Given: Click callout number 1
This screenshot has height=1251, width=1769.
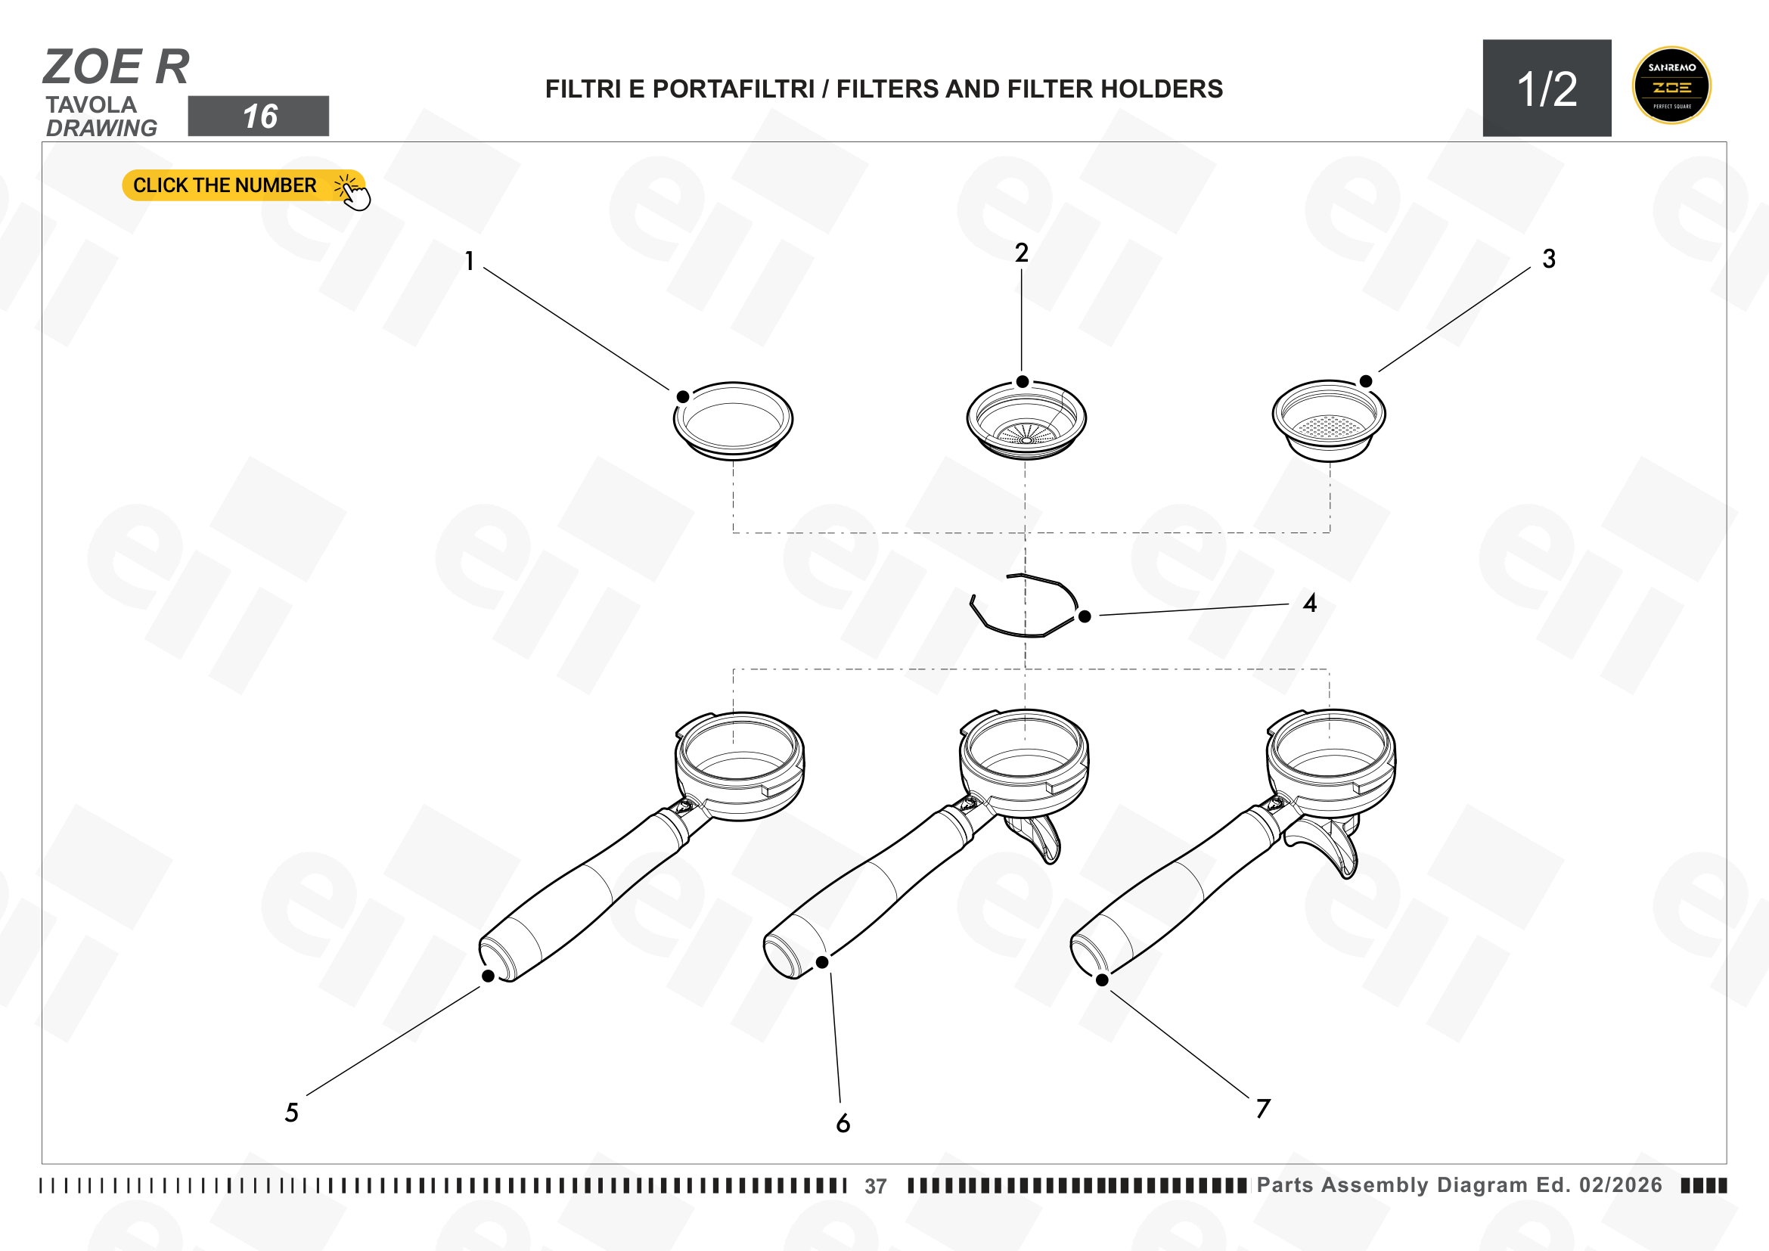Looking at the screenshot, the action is point(469,261).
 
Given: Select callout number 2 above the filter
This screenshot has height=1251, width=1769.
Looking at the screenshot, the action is point(1022,253).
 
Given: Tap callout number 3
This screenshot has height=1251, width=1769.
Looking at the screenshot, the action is point(1549,259).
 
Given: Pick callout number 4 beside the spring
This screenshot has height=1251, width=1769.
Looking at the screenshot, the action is point(1310,603).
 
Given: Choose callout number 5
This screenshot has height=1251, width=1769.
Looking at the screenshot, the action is point(292,1113).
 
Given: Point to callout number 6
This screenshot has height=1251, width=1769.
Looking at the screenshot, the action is point(843,1123).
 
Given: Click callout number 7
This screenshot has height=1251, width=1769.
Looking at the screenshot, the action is point(1263,1109).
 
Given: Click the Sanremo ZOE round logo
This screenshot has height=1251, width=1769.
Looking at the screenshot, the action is point(1671,85).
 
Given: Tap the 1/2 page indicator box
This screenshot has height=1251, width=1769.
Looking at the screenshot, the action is point(1547,88).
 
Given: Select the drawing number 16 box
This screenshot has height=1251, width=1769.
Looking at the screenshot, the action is point(258,116).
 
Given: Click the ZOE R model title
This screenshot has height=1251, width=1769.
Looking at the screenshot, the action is point(116,67).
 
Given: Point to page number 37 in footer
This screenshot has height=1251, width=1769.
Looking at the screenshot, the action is point(875,1186).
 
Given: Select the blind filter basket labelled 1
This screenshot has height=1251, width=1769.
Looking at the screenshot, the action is point(733,421).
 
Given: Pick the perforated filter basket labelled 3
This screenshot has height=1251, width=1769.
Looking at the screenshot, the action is point(1329,421).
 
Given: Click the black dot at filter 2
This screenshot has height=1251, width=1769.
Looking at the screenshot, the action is point(1023,382).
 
